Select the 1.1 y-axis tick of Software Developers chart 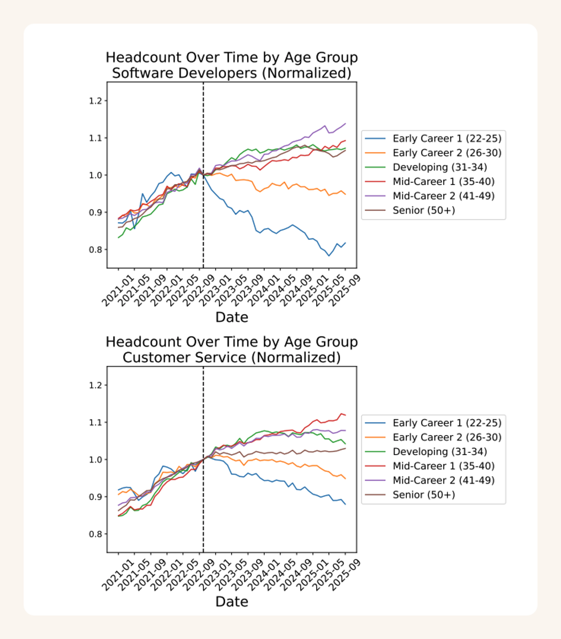(x=96, y=138)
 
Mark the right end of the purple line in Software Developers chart (x=345, y=124)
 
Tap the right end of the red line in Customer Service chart (x=345, y=415)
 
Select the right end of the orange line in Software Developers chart (x=345, y=194)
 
